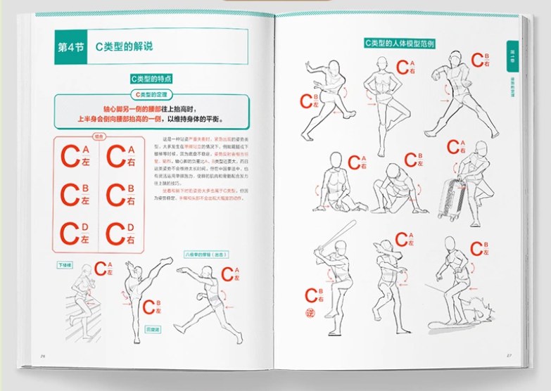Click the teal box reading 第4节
pyautogui.click(x=71, y=47)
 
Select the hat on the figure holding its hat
pyautogui.click(x=386, y=248)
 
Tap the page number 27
pyautogui.click(x=508, y=355)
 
